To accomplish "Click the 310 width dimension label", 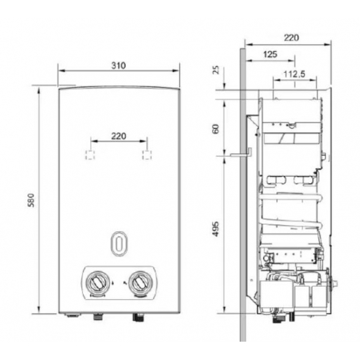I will tap(118, 65).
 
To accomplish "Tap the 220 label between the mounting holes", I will tap(118, 136).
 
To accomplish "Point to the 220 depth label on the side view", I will tap(292, 38).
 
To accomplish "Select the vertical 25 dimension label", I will tap(217, 70).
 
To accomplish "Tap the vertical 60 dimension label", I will tap(217, 129).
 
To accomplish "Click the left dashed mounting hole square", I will tap(90, 154).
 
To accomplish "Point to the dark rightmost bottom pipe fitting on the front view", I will tap(139, 319).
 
